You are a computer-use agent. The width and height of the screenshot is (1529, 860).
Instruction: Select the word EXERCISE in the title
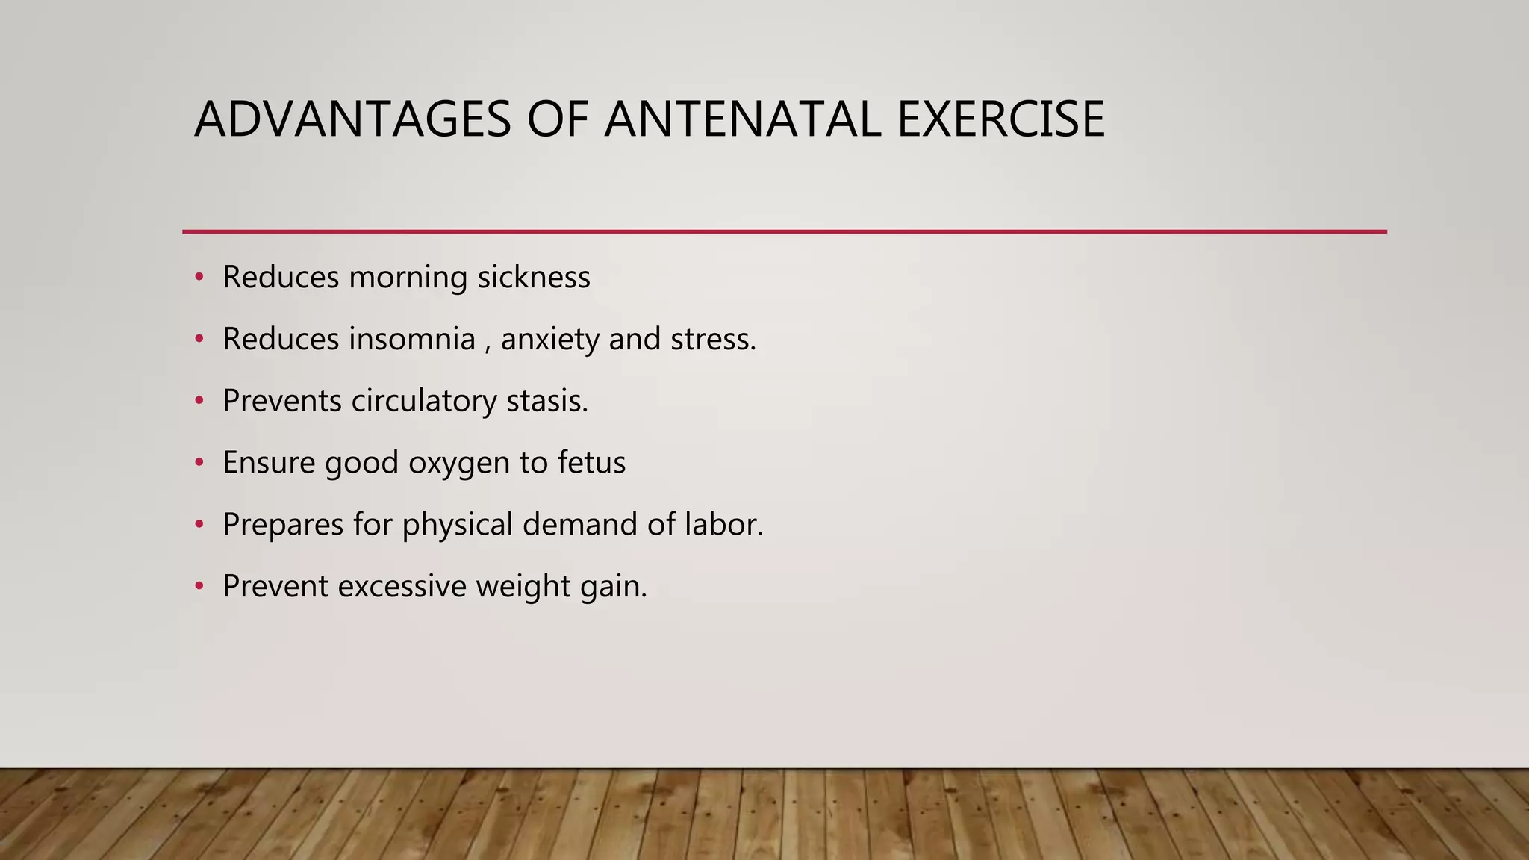tap(1000, 119)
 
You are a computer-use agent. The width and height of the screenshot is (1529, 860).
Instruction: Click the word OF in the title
tap(557, 119)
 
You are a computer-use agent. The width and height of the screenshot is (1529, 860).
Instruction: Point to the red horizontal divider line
tap(784, 232)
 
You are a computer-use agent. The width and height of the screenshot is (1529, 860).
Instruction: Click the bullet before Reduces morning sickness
tap(199, 278)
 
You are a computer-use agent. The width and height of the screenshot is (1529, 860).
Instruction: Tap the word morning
tap(408, 278)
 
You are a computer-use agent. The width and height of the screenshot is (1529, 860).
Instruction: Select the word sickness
tap(534, 277)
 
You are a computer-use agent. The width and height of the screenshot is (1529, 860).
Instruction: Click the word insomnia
tap(412, 339)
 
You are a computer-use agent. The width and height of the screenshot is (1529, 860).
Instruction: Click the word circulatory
tap(423, 402)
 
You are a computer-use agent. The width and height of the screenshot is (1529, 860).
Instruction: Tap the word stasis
tap(546, 401)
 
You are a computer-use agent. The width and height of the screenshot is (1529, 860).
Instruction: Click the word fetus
tap(591, 463)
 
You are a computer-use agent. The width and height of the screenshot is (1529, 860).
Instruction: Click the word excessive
tap(402, 586)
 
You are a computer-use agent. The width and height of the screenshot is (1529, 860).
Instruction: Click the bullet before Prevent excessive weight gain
tap(199, 587)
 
